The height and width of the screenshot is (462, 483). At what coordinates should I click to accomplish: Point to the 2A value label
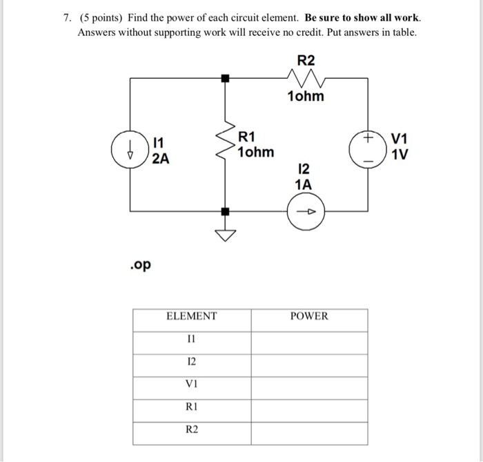pos(160,159)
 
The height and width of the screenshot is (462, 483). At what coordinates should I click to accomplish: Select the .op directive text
pos(141,265)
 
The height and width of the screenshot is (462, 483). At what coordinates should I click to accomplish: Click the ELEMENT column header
pos(191,316)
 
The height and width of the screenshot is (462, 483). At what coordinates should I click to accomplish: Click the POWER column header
pos(308,316)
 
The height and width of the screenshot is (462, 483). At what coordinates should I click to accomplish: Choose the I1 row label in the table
pos(191,339)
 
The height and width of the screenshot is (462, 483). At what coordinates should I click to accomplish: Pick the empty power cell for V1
pos(308,384)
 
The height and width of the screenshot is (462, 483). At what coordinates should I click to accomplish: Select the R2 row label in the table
pos(191,430)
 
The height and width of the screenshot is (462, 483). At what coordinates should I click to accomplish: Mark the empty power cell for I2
pos(308,362)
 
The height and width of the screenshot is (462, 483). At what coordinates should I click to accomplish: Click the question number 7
pos(66,17)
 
